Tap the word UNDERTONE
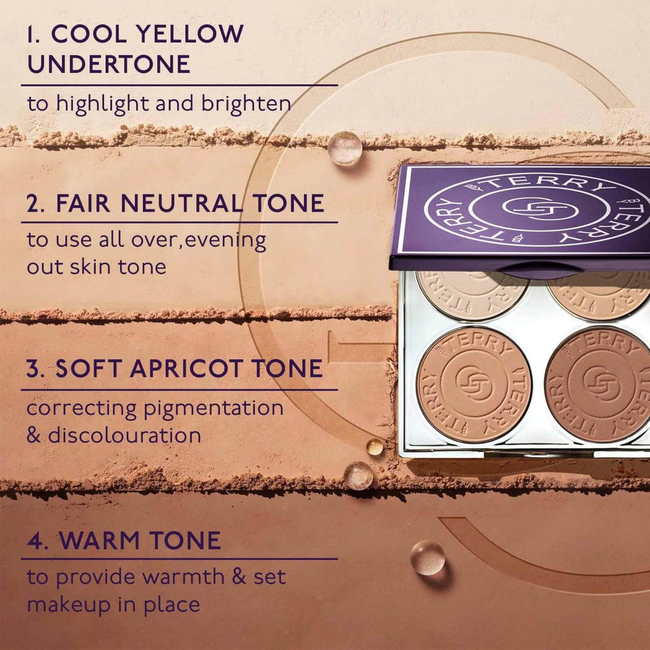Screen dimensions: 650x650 [109, 64]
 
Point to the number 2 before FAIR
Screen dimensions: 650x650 [34, 204]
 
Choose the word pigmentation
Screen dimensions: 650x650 [213, 408]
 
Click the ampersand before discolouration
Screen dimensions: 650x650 [34, 435]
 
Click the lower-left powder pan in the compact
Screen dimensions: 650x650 [474, 384]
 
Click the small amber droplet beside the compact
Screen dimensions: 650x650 [375, 447]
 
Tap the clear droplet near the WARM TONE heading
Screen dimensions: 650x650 [427, 557]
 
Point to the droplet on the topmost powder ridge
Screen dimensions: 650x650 [345, 147]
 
